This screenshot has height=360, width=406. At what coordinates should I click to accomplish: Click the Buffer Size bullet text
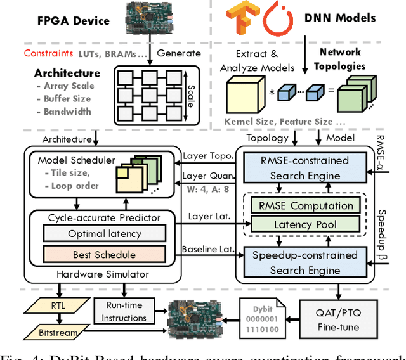click(x=67, y=99)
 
